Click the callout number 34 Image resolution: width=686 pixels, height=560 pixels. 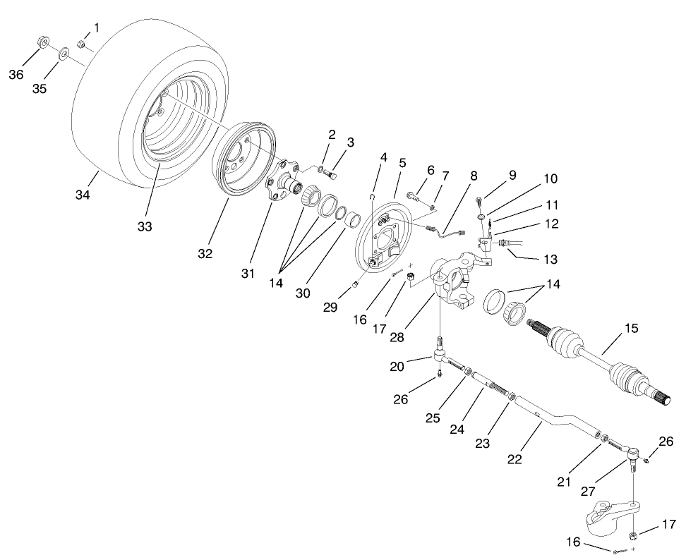[83, 195]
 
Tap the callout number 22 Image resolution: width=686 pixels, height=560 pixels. [514, 458]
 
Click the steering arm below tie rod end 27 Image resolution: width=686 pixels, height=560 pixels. [612, 518]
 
